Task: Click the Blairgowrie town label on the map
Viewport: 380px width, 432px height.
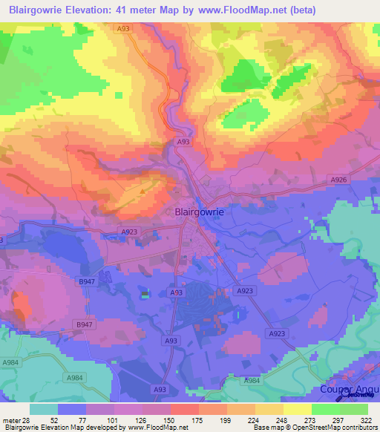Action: click(x=198, y=211)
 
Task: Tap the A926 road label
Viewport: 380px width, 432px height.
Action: click(x=338, y=180)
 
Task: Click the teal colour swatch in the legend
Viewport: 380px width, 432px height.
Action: click(x=44, y=409)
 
